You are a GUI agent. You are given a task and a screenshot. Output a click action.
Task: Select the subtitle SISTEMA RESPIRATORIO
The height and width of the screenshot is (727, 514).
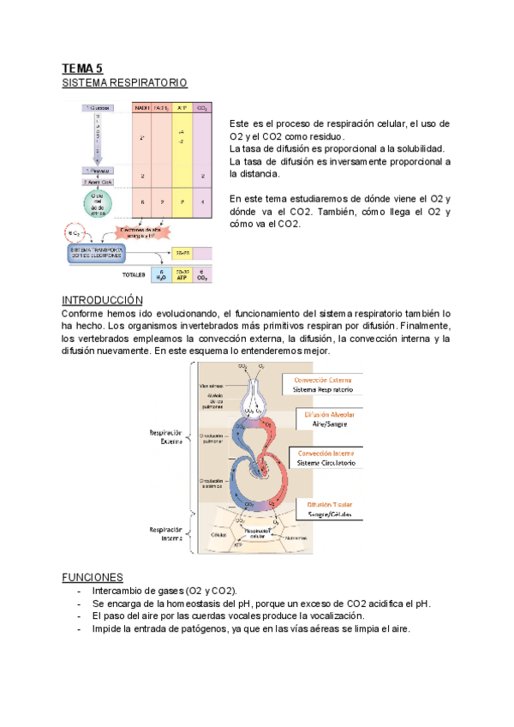coord(124,83)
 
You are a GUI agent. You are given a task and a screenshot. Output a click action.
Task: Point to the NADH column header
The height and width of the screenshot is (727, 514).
coord(142,109)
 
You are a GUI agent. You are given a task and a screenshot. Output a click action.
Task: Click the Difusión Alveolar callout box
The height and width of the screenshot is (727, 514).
coord(326,419)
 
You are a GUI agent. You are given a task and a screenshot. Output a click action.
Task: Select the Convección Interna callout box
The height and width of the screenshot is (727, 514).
coord(326,458)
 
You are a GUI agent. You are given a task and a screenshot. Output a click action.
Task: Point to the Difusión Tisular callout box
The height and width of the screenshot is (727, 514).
coord(326,509)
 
